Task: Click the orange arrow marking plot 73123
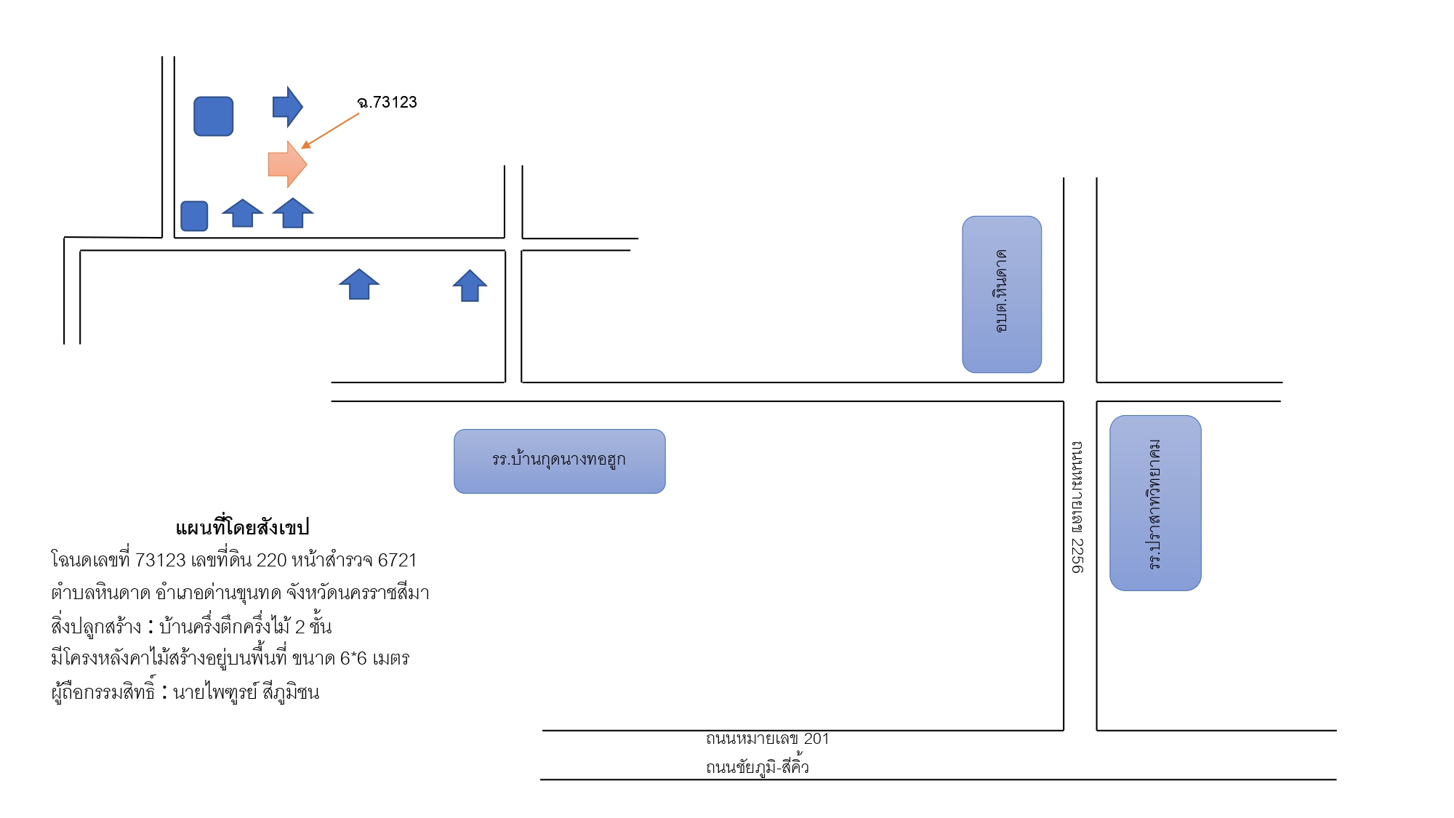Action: click(287, 164)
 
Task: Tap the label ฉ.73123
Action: click(387, 103)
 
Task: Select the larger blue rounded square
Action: click(214, 116)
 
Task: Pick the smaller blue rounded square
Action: click(194, 216)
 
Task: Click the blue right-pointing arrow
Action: click(287, 107)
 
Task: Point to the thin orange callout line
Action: click(330, 131)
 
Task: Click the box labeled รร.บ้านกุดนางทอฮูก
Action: click(560, 461)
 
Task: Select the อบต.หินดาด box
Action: click(1002, 294)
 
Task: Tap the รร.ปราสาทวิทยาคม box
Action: click(1155, 503)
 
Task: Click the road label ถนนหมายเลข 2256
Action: click(1077, 507)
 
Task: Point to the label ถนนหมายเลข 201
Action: click(768, 739)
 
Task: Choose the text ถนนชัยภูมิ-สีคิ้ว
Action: click(758, 766)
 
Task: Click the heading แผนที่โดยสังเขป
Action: click(242, 527)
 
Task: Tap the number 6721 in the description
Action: click(397, 561)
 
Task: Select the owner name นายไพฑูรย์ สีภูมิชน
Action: click(246, 691)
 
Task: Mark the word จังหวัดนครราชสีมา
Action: click(358, 593)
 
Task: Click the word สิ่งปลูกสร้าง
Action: click(96, 626)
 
